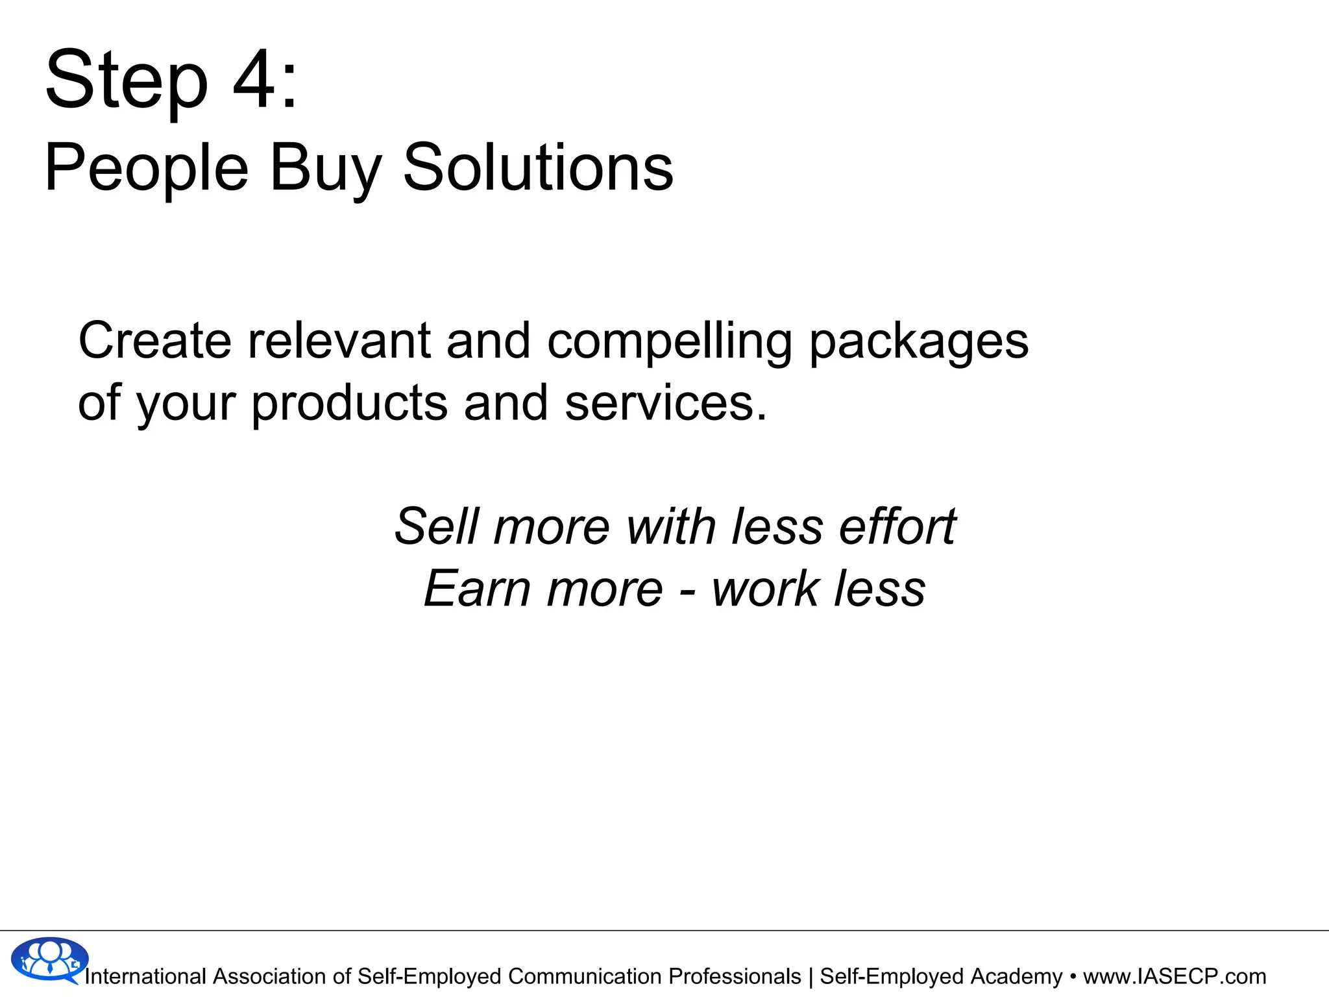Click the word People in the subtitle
coord(147,169)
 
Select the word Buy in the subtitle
coord(325,169)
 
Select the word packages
coord(919,342)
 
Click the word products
coord(349,403)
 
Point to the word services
coord(666,402)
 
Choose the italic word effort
coord(897,526)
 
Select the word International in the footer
coord(145,976)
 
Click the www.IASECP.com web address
coord(1175,976)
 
